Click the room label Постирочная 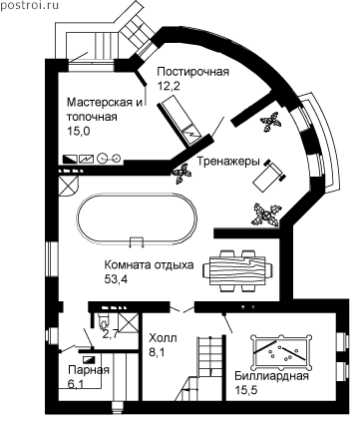click(x=193, y=72)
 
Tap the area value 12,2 click(x=169, y=87)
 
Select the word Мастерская click(x=101, y=103)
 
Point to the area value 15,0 click(x=79, y=132)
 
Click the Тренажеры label click(x=228, y=162)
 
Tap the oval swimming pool click(x=137, y=218)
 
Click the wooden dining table click(x=238, y=270)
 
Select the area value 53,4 click(x=116, y=279)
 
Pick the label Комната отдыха click(x=149, y=265)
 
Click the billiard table click(x=282, y=352)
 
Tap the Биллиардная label click(x=272, y=376)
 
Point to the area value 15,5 click(x=246, y=390)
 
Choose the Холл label click(x=163, y=338)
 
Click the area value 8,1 click(x=157, y=352)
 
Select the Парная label click(x=89, y=370)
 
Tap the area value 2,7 click(x=111, y=334)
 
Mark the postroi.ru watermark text click(x=30, y=5)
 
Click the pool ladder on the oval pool click(x=137, y=241)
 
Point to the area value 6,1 click(x=76, y=384)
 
